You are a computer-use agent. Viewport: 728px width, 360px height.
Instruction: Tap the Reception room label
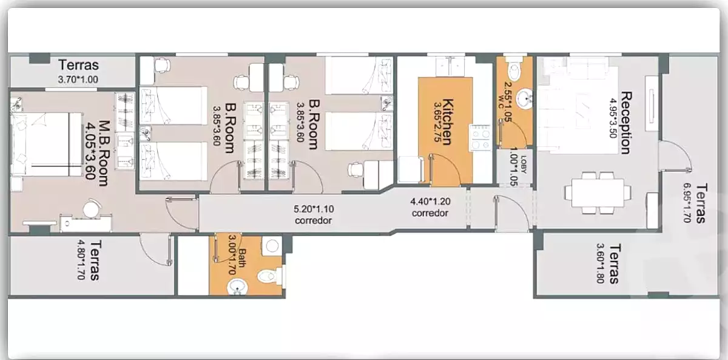[626, 123]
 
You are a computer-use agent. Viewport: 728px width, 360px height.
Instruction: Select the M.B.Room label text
[103, 153]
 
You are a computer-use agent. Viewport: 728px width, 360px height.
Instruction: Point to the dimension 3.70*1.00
[78, 80]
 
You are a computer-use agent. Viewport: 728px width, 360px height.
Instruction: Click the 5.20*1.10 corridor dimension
[314, 209]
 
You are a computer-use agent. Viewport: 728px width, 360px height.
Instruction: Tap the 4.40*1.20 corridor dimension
[430, 202]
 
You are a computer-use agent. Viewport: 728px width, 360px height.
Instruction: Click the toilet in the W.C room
[514, 69]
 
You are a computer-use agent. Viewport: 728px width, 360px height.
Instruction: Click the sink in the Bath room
[237, 287]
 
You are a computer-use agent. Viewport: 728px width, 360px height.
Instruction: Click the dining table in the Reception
[598, 193]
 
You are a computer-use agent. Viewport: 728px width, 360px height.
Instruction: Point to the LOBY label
[523, 165]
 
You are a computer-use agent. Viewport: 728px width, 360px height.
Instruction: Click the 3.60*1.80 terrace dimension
[600, 263]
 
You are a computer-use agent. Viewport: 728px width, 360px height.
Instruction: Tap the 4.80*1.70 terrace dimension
[81, 260]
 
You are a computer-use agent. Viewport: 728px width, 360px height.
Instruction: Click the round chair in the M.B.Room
[92, 208]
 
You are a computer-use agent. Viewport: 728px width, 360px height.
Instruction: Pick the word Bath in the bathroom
[242, 258]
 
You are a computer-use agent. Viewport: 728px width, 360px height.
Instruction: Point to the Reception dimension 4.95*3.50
[613, 118]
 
